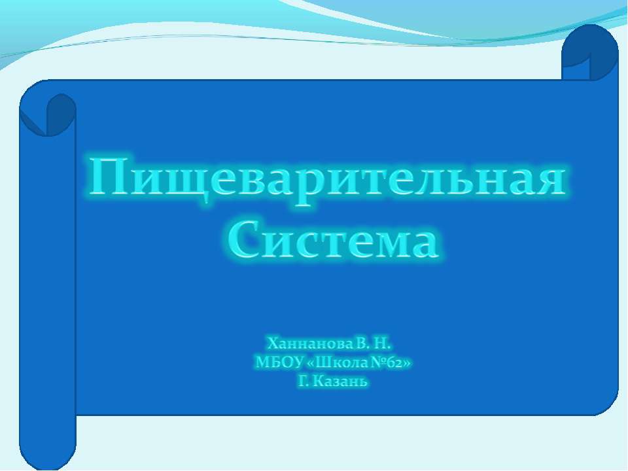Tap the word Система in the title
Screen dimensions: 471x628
tap(333, 240)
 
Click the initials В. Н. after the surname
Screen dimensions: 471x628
tap(373, 343)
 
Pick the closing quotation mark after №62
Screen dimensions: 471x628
tap(409, 362)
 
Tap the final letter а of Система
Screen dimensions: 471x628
tap(420, 242)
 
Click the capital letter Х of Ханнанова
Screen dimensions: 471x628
tap(272, 343)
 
